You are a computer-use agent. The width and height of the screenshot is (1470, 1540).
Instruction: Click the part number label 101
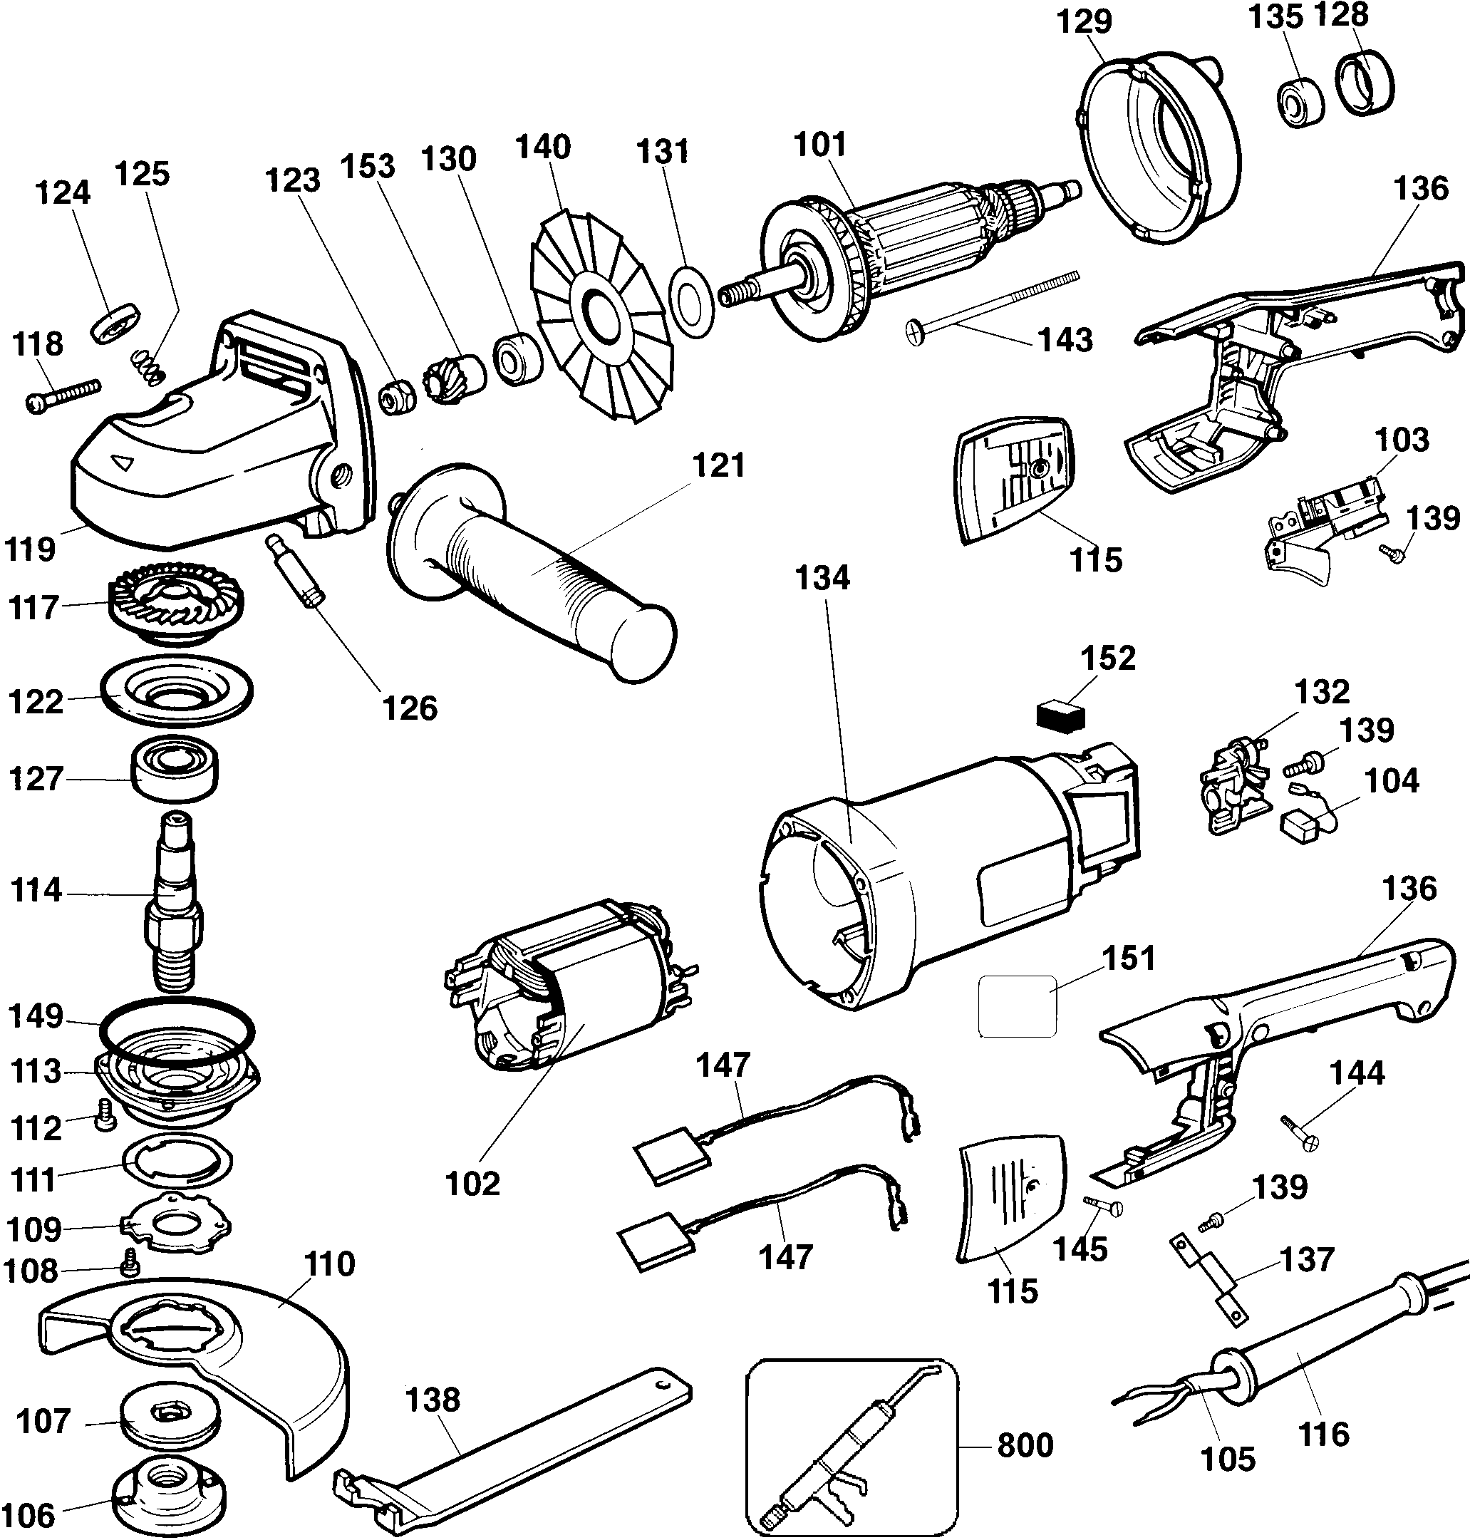point(819,145)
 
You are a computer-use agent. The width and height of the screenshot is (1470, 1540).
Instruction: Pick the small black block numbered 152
point(1060,715)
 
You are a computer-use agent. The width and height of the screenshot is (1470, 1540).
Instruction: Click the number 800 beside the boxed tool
point(1025,1444)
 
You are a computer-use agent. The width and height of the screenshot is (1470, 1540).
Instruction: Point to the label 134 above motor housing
point(822,579)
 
